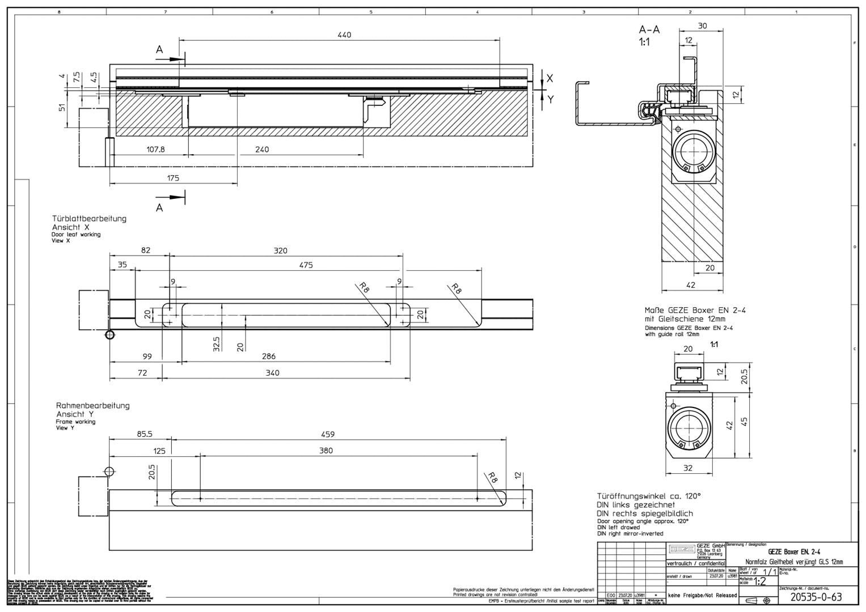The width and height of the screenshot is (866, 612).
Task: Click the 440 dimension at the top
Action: (344, 35)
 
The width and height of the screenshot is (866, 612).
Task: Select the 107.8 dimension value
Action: (155, 150)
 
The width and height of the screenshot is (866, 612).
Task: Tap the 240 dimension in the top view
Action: (262, 150)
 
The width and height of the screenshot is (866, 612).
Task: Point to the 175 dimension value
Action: (173, 178)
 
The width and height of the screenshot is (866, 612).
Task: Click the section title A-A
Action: (649, 29)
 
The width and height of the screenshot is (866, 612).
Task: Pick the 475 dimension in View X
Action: (306, 265)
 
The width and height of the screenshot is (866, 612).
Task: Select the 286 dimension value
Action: (269, 356)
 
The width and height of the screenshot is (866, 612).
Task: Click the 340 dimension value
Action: (272, 373)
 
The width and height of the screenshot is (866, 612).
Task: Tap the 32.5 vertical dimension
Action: (216, 343)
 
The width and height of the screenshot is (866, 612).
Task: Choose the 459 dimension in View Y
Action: (327, 434)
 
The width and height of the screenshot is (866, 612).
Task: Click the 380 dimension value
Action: (326, 450)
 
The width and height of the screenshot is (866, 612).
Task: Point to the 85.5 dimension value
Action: (145, 434)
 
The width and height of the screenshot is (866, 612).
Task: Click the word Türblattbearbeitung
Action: (89, 218)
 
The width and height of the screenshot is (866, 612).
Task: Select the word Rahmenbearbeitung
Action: (92, 405)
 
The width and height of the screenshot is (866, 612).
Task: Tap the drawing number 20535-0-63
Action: (816, 597)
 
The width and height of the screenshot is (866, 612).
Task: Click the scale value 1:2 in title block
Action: (761, 581)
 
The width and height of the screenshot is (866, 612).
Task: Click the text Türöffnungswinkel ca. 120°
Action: (648, 495)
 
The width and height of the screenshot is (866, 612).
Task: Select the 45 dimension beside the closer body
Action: (744, 422)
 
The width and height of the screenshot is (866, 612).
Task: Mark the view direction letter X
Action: (550, 79)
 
